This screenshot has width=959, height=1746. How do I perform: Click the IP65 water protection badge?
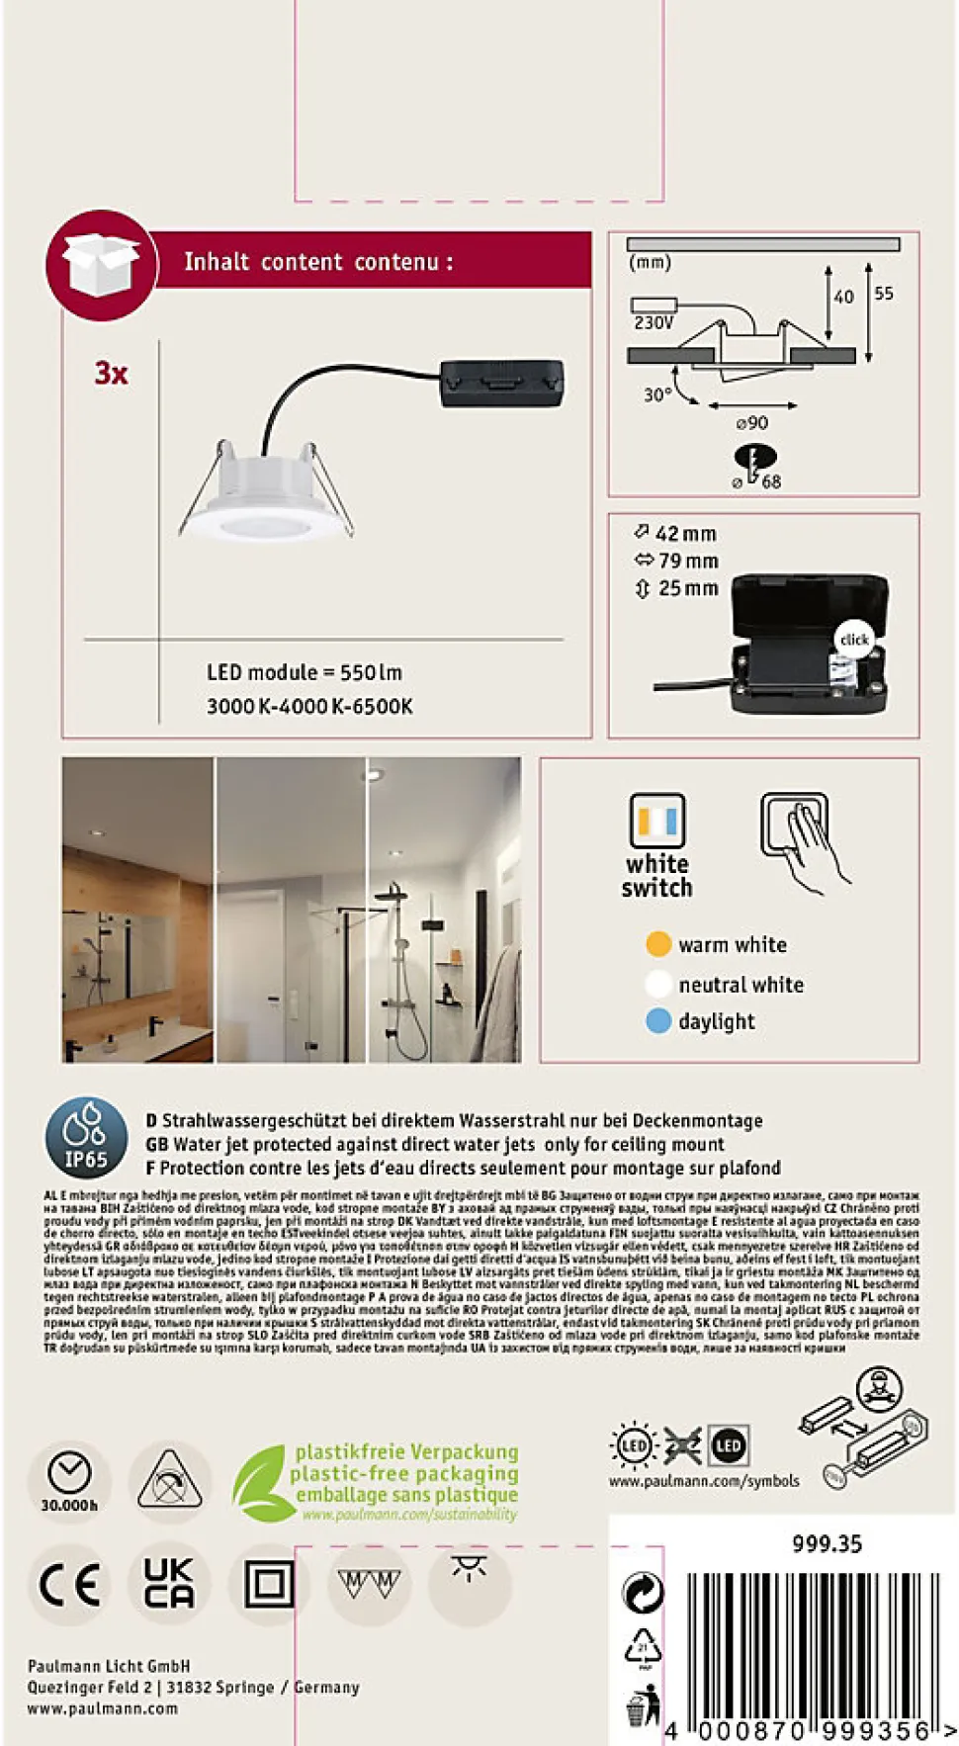tap(86, 1138)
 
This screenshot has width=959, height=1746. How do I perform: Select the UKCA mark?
tap(169, 1583)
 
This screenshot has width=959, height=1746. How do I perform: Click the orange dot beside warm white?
tap(658, 944)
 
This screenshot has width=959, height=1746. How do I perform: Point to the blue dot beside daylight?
tap(658, 1021)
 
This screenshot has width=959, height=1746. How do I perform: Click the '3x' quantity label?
tap(111, 374)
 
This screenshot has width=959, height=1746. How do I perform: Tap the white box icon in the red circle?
tap(100, 264)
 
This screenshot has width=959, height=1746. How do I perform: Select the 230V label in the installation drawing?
tap(654, 322)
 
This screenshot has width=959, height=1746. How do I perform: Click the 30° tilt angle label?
tap(657, 394)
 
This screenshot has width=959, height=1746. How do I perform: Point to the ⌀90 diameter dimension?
tap(752, 422)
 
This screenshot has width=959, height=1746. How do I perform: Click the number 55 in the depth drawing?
tap(884, 294)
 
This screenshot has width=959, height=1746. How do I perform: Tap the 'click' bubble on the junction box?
tap(854, 640)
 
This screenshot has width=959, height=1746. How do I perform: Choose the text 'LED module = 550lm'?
tap(305, 672)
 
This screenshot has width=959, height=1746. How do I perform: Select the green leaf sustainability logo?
tap(258, 1483)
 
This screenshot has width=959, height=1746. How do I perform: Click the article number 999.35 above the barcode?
tap(827, 1543)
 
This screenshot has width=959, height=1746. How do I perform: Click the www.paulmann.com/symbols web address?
tap(704, 1481)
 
